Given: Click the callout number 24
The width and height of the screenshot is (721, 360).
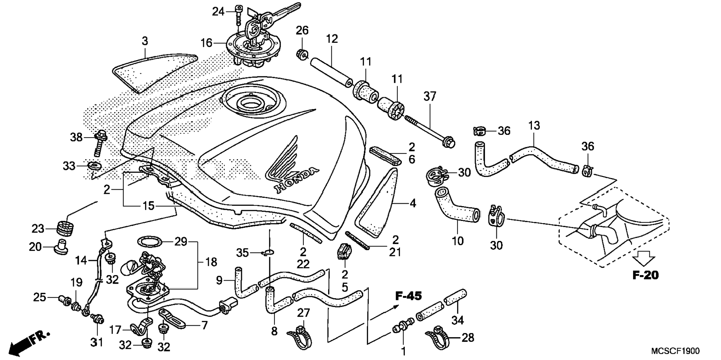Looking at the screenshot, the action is (x=218, y=12).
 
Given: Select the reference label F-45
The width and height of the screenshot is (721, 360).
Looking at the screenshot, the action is (x=408, y=296).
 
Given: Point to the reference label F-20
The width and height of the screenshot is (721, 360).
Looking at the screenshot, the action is (x=645, y=275).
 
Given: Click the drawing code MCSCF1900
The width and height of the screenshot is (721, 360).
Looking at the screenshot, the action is (x=676, y=351).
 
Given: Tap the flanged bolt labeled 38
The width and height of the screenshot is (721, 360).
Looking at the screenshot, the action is (x=100, y=142).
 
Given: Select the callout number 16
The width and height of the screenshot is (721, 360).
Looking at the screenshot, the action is (x=206, y=43).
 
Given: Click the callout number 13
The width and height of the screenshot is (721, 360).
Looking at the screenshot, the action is (x=534, y=126).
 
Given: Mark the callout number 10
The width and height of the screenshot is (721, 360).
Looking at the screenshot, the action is (x=457, y=241).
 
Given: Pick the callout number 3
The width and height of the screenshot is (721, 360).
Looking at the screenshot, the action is (x=145, y=41).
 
